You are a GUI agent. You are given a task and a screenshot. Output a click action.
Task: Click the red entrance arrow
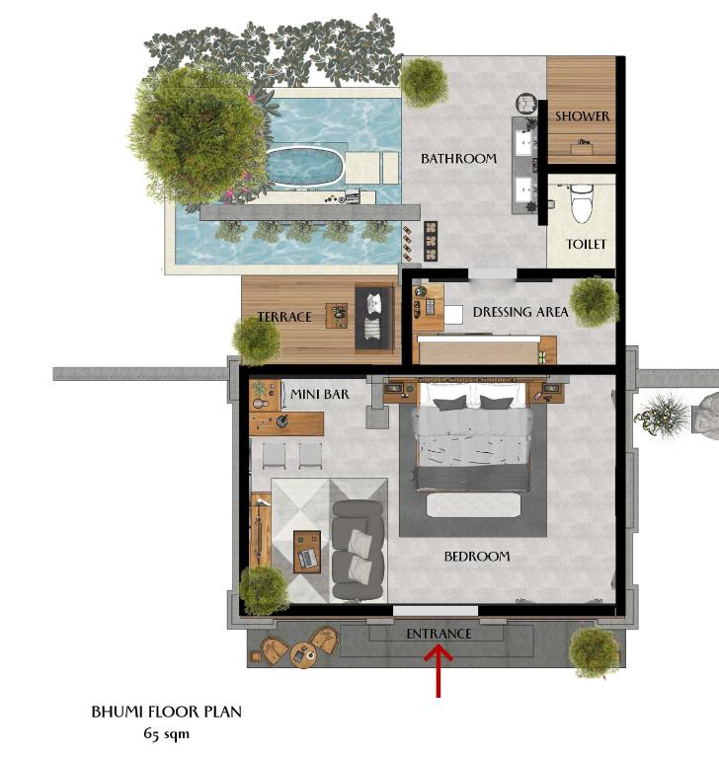click(x=439, y=672)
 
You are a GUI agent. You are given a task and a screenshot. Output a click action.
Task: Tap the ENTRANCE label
click(x=439, y=634)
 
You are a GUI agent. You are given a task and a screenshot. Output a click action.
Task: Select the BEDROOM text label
click(x=477, y=557)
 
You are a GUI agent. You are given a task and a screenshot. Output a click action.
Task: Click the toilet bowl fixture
click(x=581, y=203)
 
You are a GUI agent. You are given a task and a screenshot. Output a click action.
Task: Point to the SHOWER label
click(x=582, y=116)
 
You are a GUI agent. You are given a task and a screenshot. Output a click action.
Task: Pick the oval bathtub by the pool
click(x=304, y=166)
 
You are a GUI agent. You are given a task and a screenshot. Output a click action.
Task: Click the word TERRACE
click(x=284, y=317)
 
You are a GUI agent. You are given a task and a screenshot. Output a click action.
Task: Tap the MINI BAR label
click(x=319, y=394)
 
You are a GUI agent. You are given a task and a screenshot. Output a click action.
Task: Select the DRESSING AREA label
click(x=520, y=312)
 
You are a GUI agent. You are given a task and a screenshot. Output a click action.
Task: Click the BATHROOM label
click(x=458, y=159)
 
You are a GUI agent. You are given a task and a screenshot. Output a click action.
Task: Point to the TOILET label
click(x=586, y=244)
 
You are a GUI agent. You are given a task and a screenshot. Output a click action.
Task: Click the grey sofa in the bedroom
click(x=359, y=551)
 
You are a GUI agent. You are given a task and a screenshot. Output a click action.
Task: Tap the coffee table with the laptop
click(x=307, y=552)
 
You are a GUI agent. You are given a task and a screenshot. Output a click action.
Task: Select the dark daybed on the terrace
click(x=375, y=317)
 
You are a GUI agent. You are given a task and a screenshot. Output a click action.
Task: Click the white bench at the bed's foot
click(x=474, y=504)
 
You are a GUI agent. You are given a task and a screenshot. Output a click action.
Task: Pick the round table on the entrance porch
click(x=303, y=655)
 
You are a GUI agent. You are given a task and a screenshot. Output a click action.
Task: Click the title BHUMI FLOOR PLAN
click(x=167, y=712)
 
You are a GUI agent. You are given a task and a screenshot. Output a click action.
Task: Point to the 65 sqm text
click(x=167, y=734)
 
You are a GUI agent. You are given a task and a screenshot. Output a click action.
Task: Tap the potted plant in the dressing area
click(x=595, y=302)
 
